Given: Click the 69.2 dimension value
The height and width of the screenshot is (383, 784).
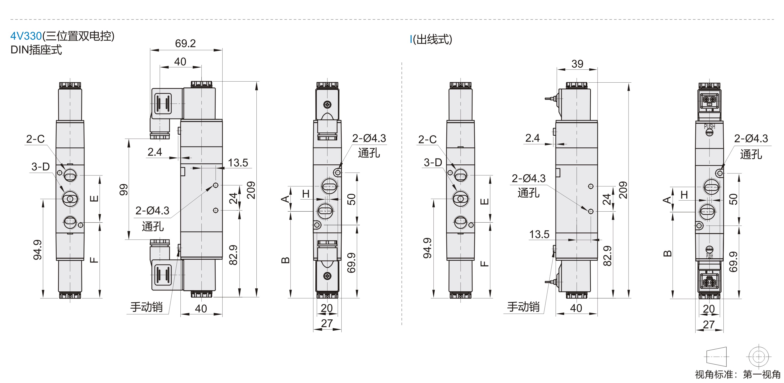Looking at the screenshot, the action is tap(185, 44).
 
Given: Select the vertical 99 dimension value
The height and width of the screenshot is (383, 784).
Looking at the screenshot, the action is tap(124, 190).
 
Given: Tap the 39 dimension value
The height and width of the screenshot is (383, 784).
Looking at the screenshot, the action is tap(577, 64).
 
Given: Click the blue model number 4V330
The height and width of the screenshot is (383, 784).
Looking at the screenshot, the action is tap(26, 36).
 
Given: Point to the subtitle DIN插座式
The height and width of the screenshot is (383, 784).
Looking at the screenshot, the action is tap(36, 50).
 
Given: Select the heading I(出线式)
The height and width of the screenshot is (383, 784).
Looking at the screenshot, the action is tap(431, 40).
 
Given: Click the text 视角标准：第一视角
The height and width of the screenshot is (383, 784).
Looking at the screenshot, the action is tap(738, 375).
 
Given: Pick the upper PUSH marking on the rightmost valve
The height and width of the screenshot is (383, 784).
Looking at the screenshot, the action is tap(709, 126).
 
